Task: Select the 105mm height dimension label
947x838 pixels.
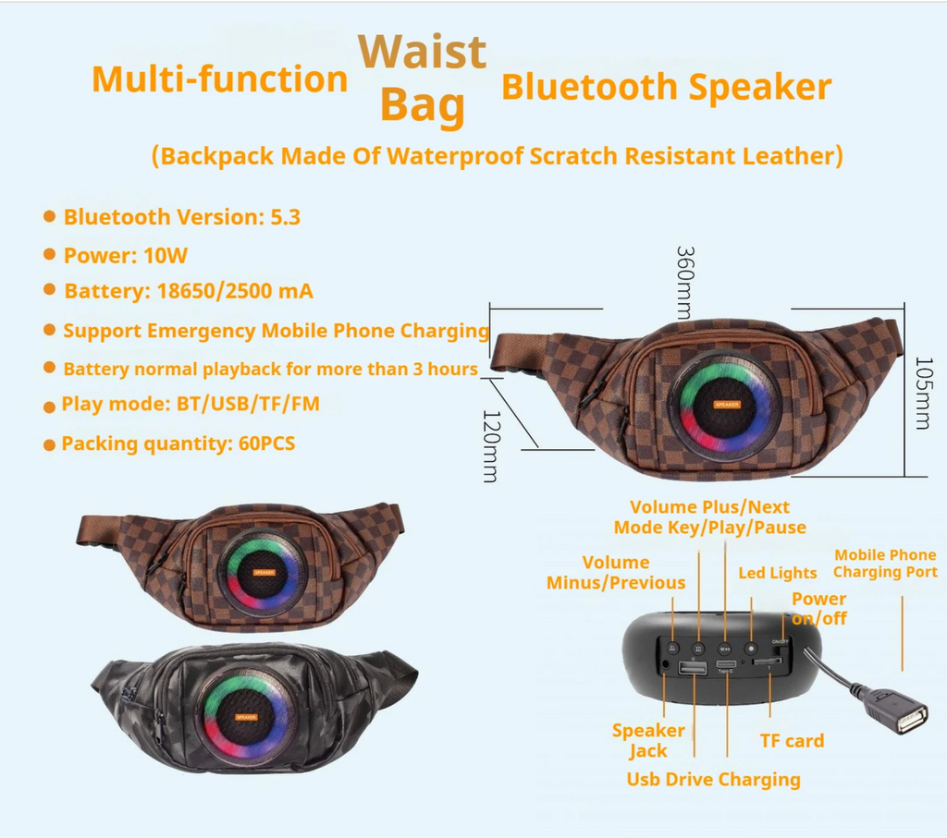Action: pos(921,393)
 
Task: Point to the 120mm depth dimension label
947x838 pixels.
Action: pos(491,445)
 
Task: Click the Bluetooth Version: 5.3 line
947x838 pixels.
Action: pos(181,217)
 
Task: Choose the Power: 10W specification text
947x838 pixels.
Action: pos(125,255)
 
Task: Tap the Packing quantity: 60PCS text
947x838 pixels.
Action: pos(178,443)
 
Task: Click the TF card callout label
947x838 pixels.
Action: pos(791,740)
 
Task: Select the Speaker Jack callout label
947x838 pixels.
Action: pos(648,740)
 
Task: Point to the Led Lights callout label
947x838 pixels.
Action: pos(777,573)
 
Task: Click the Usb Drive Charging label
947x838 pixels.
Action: pos(713,779)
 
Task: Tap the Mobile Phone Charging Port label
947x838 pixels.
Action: pos(885,564)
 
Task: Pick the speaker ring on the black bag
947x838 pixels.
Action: pos(247,715)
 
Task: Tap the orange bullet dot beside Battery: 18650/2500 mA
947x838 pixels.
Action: pos(49,290)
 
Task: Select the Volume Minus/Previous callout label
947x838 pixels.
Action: pos(616,572)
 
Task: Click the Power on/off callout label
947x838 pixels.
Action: pos(818,608)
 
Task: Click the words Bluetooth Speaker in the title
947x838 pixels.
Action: pos(666,87)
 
